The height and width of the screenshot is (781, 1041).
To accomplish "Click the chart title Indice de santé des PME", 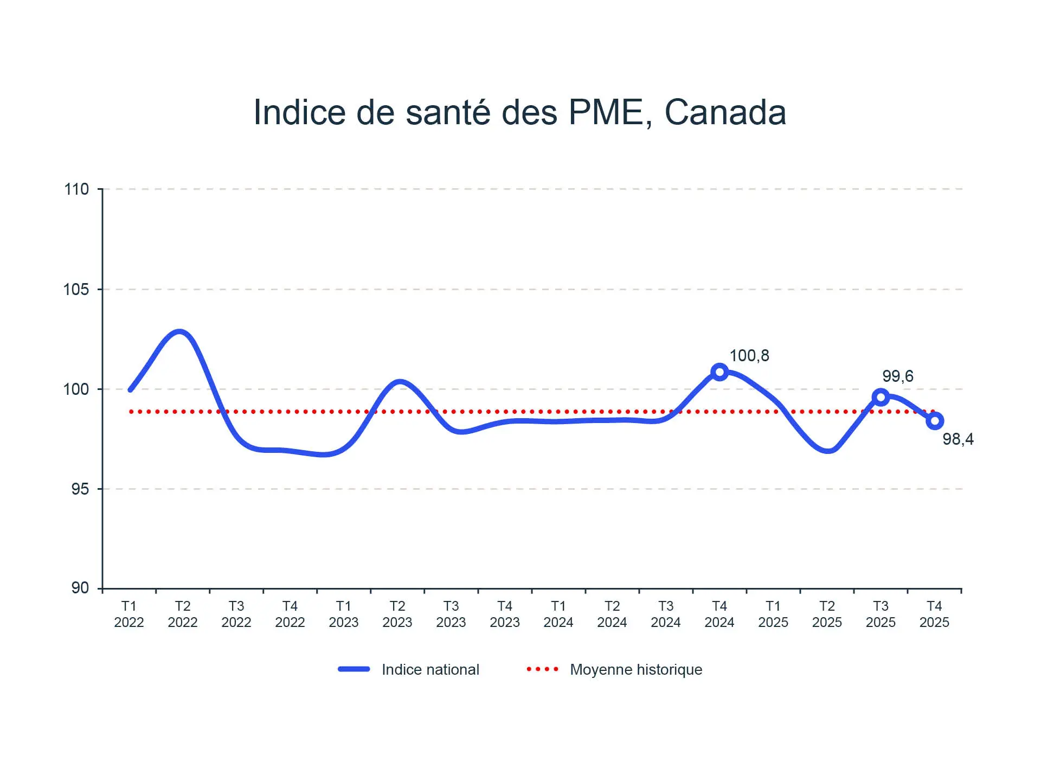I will (x=519, y=113).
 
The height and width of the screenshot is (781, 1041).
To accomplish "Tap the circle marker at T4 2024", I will (x=719, y=372).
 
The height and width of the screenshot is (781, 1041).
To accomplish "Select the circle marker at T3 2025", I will (x=881, y=397).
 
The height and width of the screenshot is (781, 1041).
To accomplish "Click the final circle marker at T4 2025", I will (x=935, y=421).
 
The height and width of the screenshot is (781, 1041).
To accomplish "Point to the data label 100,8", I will (x=749, y=356).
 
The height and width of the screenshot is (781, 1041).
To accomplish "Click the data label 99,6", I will (x=897, y=376).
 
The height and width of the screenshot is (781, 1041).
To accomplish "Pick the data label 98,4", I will (x=958, y=439).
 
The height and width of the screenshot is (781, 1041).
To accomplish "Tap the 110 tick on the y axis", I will (x=76, y=189).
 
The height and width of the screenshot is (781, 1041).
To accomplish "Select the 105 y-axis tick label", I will (x=76, y=289).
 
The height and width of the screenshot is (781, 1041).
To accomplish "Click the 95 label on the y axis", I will (x=80, y=489).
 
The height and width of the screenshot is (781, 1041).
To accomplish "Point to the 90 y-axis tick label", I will (x=80, y=588).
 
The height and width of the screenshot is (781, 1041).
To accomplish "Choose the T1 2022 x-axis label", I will (x=129, y=614).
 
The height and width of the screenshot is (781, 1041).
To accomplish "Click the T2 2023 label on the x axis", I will (x=397, y=614).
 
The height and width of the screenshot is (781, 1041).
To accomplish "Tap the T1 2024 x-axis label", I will (x=558, y=614).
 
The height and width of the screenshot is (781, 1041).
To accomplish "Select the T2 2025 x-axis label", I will (x=827, y=614).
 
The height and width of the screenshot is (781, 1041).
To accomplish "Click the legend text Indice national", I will (x=430, y=669).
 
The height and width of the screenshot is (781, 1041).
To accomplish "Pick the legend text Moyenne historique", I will (x=636, y=669).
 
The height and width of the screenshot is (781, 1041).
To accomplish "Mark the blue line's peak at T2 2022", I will (x=179, y=332).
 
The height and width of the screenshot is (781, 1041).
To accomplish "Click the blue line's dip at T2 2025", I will (x=828, y=450).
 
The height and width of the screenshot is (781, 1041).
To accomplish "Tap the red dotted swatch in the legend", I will (x=542, y=669).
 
